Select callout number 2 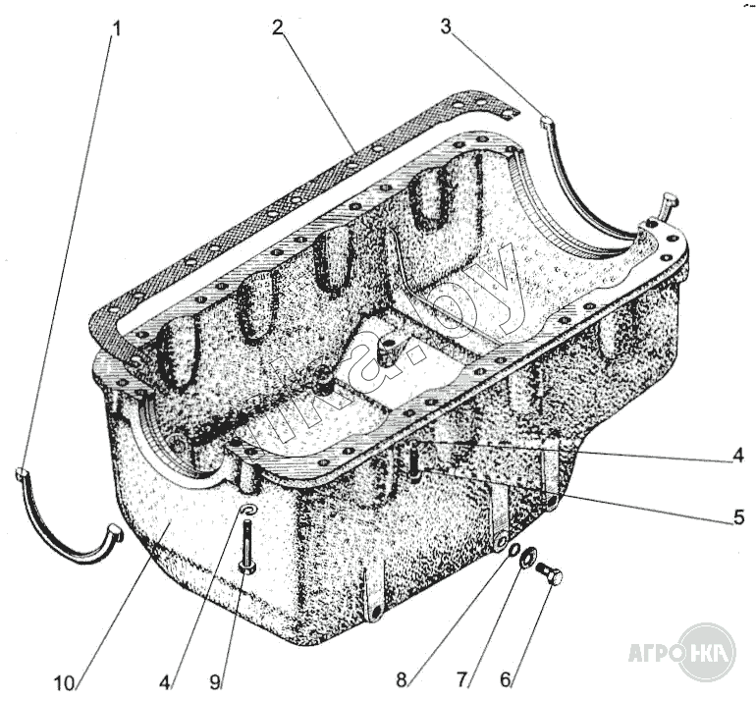(279, 28)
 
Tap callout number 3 (446, 27)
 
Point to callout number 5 (738, 517)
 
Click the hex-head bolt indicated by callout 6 (550, 575)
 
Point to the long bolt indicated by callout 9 (245, 546)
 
